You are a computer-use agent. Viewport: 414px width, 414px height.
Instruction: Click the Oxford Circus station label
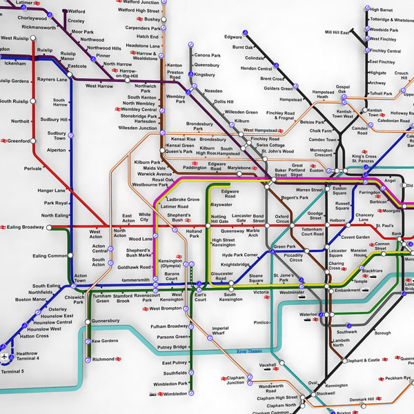(282, 219)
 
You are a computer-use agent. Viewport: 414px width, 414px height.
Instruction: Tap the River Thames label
(250, 351)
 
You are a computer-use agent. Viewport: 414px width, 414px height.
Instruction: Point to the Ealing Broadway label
(26, 227)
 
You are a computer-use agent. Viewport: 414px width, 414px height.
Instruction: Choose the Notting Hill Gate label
(219, 219)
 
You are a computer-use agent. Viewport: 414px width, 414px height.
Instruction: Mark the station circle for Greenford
(32, 141)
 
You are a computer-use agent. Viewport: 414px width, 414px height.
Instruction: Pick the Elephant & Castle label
(363, 360)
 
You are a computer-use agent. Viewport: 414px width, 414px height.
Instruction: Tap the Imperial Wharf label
(220, 331)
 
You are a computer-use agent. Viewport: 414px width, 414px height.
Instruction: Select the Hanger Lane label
(51, 190)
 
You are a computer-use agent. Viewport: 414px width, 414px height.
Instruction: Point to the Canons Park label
(207, 55)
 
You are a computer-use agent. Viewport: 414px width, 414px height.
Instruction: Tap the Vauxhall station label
(268, 364)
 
